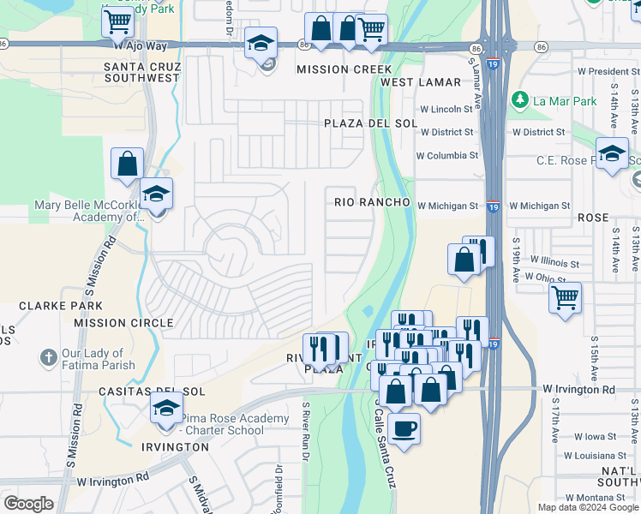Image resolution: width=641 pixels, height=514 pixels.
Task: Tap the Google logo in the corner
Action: coord(28,504)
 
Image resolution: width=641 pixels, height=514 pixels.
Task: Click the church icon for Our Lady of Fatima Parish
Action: coord(49,356)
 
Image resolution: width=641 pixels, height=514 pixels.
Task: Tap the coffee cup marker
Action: coord(404,426)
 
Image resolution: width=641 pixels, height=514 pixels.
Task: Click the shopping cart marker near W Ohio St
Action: coord(565,298)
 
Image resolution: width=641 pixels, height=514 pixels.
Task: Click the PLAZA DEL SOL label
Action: coord(370,123)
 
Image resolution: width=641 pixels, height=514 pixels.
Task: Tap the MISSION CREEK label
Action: coord(344,69)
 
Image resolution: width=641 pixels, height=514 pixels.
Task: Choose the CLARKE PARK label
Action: coord(49,305)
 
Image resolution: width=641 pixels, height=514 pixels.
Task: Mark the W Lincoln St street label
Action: coord(446,109)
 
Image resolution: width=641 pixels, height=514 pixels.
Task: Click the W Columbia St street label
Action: coord(446,155)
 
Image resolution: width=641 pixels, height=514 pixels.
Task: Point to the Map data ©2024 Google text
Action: coord(587,507)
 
